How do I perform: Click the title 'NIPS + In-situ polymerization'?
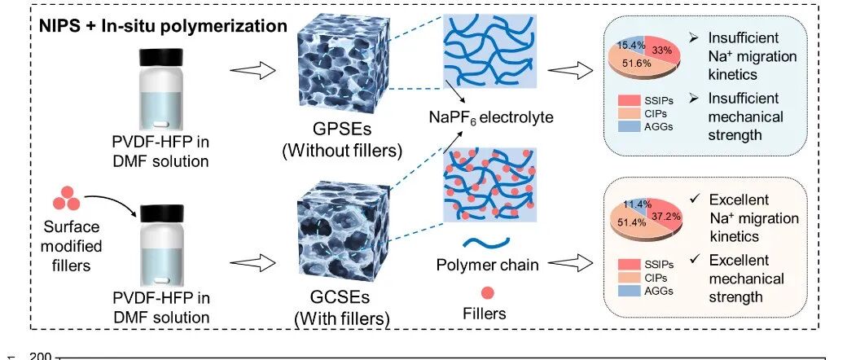pyautogui.click(x=163, y=25)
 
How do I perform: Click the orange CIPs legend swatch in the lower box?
pyautogui.click(x=625, y=278)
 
